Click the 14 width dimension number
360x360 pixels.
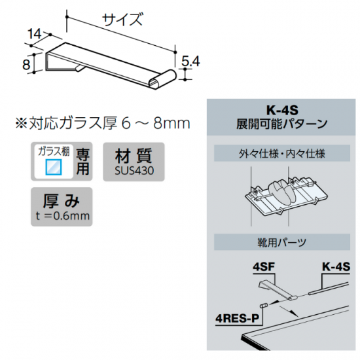pos(35,34)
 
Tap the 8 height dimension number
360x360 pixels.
pos(26,64)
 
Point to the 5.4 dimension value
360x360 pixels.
pos(190,62)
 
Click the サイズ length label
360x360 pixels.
pos(122,19)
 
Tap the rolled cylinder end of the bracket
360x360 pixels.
pos(162,79)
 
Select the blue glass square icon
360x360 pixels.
pos(54,167)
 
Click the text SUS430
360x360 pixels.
pos(134,171)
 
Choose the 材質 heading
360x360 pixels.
pos(134,156)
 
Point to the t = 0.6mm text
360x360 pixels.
pos(62,216)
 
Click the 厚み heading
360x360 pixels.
pos(62,201)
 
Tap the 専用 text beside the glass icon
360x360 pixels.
pos(82,162)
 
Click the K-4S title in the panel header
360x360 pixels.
pos(282,111)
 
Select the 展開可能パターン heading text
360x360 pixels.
pos(281,124)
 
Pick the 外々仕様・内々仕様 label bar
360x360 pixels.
pos(282,153)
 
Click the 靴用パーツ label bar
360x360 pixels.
pos(282,242)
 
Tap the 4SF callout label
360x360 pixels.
pos(263,267)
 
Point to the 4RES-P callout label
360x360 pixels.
pos(237,318)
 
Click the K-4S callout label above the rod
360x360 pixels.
pos(336,267)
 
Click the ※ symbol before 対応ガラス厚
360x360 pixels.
pos(22,123)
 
